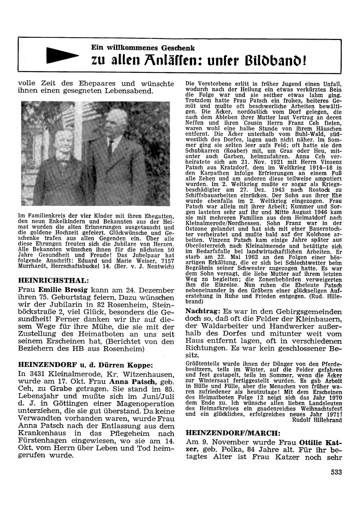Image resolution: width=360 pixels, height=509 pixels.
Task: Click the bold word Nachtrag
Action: [203, 311]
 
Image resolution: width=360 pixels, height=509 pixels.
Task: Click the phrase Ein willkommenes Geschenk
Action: [143, 48]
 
